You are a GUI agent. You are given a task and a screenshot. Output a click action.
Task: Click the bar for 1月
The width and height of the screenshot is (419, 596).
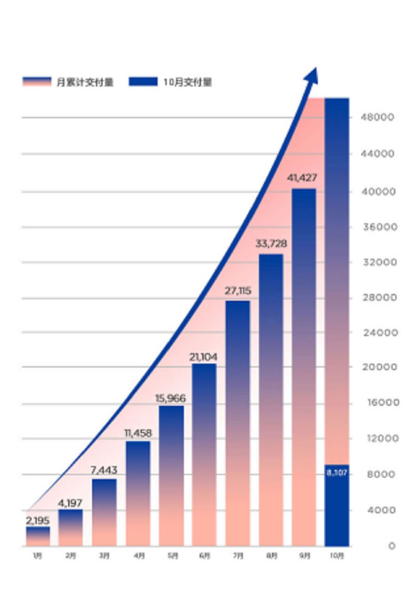(x=38, y=536)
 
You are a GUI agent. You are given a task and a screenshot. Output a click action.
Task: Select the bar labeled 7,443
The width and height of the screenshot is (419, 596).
(x=104, y=512)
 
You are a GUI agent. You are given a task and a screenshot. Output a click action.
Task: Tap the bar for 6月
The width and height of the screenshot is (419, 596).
(x=204, y=455)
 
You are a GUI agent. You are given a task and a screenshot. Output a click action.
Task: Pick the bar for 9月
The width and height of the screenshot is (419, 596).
(x=304, y=367)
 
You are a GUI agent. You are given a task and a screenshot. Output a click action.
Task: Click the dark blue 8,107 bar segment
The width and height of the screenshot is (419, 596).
(x=337, y=505)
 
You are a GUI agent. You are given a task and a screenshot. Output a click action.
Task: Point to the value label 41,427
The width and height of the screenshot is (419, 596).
(x=302, y=178)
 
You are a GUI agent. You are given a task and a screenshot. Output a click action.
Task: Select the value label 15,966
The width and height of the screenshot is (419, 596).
(x=170, y=399)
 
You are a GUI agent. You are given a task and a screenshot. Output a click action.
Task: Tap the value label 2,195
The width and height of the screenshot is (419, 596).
(x=38, y=521)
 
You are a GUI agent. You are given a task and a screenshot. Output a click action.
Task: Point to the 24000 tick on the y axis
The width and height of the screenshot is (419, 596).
(x=377, y=332)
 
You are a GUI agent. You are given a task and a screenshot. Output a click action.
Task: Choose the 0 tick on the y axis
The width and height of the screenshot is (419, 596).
(x=392, y=546)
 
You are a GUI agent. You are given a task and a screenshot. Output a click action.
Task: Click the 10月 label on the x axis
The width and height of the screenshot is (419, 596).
(x=337, y=556)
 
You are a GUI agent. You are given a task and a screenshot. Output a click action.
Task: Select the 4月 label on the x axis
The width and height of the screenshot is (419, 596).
(x=138, y=556)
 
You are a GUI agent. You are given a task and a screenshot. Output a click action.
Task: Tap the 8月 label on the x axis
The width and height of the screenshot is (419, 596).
(x=271, y=556)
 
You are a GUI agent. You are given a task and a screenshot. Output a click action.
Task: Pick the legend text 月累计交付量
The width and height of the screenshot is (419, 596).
(x=85, y=82)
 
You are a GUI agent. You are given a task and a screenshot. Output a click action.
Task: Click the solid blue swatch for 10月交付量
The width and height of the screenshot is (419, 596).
(x=142, y=82)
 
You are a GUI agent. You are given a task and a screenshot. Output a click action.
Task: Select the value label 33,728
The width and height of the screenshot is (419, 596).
(x=271, y=244)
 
